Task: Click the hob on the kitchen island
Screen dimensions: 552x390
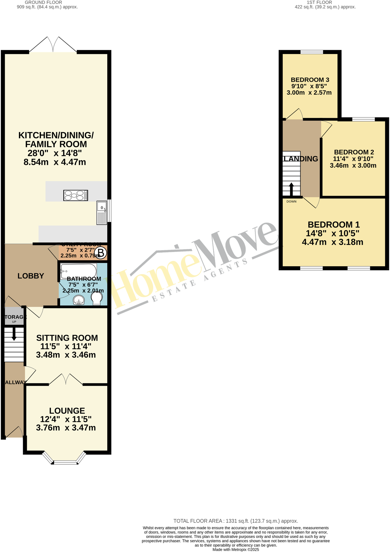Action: [76, 195]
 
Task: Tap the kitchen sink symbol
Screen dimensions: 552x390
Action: [102, 213]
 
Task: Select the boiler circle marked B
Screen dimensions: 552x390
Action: [101, 253]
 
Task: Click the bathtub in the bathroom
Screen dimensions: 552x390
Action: [79, 271]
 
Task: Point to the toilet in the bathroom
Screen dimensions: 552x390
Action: [97, 298]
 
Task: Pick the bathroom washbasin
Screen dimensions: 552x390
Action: [79, 300]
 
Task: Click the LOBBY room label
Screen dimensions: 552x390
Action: [31, 276]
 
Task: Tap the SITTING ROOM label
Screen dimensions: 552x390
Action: [67, 338]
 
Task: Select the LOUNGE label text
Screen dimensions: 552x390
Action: [67, 411]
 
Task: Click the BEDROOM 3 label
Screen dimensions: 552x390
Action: [310, 80]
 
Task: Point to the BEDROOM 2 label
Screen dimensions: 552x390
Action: [354, 152]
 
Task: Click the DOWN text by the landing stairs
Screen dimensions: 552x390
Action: [291, 202]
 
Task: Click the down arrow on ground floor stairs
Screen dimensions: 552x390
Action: [14, 334]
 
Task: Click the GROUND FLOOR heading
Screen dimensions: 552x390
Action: [43, 2]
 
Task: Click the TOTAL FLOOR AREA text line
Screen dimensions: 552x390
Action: [236, 521]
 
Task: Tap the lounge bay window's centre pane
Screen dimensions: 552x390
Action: [65, 462]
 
